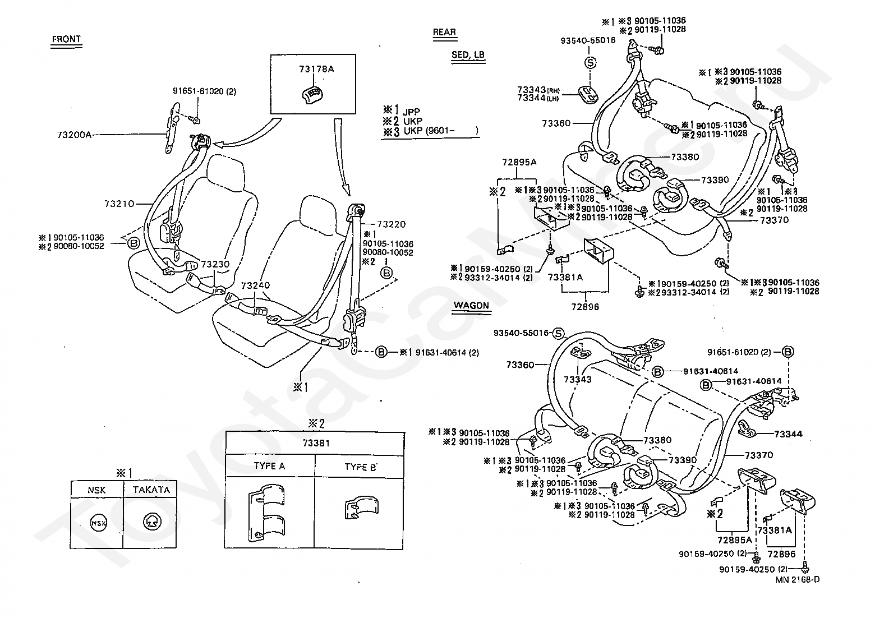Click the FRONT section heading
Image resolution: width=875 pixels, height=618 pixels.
66,39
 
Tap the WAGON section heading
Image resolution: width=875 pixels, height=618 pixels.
471,305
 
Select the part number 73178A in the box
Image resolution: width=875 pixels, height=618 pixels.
316,69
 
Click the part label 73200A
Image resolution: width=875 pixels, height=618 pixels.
74,135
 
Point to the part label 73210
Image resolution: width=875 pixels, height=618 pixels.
119,204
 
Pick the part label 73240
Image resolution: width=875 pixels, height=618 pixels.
255,285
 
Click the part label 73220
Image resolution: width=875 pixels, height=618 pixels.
391,224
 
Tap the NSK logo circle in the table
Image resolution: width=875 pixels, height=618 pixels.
98,523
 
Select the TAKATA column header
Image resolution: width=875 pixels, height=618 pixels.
151,490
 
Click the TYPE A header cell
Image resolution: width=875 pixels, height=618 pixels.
269,465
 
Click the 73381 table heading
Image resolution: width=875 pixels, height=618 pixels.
316,443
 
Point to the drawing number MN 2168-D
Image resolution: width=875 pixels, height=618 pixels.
798,580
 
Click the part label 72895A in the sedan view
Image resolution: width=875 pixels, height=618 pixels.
519,162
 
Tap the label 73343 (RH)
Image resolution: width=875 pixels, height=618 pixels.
538,90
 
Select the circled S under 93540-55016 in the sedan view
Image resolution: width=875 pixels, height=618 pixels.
590,62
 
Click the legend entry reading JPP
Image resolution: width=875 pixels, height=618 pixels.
411,112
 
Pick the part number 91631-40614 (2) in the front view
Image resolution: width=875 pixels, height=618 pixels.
447,353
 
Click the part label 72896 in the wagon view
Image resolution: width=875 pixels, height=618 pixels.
781,554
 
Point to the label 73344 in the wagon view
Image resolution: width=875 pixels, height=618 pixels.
788,433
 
